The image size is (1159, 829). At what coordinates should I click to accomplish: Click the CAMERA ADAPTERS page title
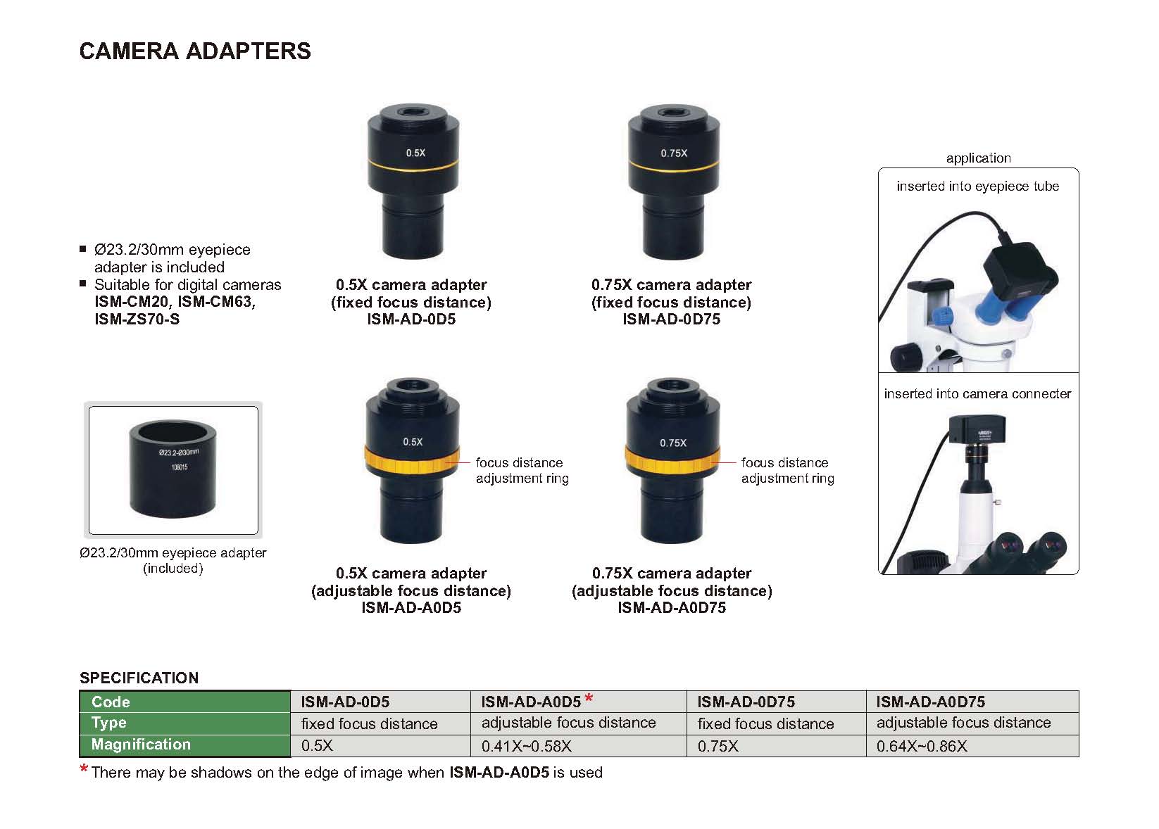click(x=195, y=51)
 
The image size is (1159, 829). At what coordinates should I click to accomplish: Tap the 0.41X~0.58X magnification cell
click(x=526, y=746)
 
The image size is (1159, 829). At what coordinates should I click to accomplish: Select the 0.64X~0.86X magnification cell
click(x=921, y=746)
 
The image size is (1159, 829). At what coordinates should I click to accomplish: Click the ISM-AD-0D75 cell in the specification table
click(x=746, y=702)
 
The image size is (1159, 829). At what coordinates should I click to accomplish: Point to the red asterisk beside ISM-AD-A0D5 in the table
click(x=589, y=698)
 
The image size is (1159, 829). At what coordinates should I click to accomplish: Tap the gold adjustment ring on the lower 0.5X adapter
click(x=412, y=461)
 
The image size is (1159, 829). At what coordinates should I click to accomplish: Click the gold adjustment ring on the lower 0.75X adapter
click(x=672, y=461)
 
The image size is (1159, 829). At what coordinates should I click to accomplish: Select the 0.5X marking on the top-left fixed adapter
click(x=415, y=153)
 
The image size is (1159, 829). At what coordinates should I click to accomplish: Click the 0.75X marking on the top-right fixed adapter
click(x=674, y=153)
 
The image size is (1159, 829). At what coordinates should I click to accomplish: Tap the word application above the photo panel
click(x=978, y=158)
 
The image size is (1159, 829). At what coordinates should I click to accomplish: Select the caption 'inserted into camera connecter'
click(x=977, y=394)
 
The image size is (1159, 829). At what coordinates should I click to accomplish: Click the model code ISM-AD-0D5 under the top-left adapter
click(x=411, y=319)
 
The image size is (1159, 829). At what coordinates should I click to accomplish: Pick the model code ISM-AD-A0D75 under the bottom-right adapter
click(x=672, y=608)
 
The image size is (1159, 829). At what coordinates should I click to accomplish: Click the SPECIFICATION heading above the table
click(x=139, y=678)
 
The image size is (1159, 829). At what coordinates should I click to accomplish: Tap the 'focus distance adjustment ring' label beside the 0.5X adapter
click(x=521, y=470)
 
